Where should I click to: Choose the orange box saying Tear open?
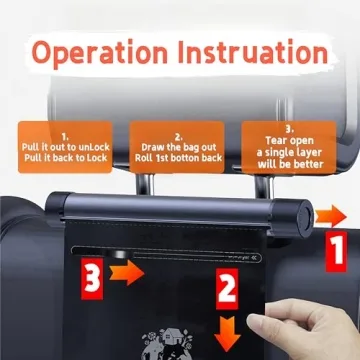coord(289,144)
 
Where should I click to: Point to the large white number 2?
coord(229,291)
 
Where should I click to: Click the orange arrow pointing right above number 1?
coord(330,215)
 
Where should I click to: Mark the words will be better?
coord(290,164)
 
